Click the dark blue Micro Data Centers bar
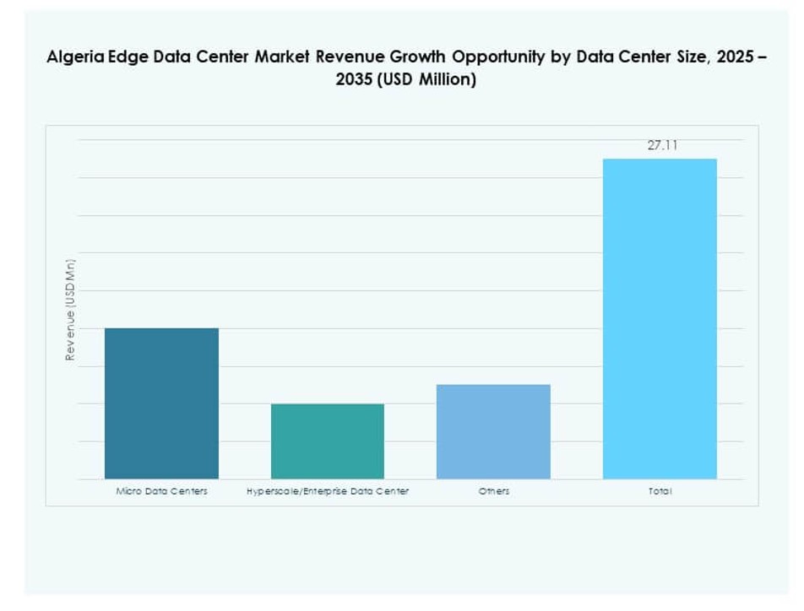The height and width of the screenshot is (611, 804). pos(161,403)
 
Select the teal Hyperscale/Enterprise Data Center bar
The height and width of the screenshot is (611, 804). pos(328,441)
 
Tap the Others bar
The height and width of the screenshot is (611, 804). pos(493,431)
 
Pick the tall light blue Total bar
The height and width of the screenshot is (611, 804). pos(660,319)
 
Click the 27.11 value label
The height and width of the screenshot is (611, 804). pos(662,145)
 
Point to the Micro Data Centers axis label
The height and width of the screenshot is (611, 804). pos(161,491)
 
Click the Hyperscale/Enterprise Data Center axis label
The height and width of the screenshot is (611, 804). pos(328,491)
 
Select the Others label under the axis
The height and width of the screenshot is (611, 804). pos(493,491)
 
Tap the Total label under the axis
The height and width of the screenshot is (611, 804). pos(660,491)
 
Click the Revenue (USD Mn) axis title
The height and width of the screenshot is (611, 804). pos(71,310)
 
